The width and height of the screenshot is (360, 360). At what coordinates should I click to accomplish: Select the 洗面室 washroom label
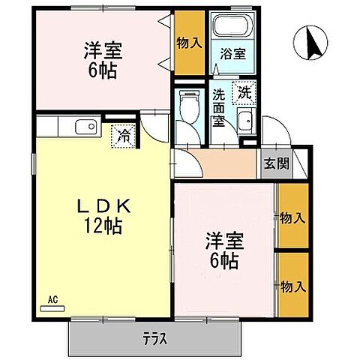[x=219, y=109]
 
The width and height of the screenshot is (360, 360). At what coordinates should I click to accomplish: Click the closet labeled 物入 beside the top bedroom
[x=189, y=43]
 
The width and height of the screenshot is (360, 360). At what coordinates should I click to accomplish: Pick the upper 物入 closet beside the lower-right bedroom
[x=292, y=218]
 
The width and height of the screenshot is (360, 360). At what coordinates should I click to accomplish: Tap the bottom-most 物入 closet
[x=292, y=286]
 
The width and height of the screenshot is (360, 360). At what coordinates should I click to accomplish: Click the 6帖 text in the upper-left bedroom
[x=102, y=71]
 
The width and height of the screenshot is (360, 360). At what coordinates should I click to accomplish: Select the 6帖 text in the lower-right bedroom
[x=224, y=260]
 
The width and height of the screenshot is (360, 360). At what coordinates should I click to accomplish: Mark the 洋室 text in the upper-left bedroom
[x=102, y=52]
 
